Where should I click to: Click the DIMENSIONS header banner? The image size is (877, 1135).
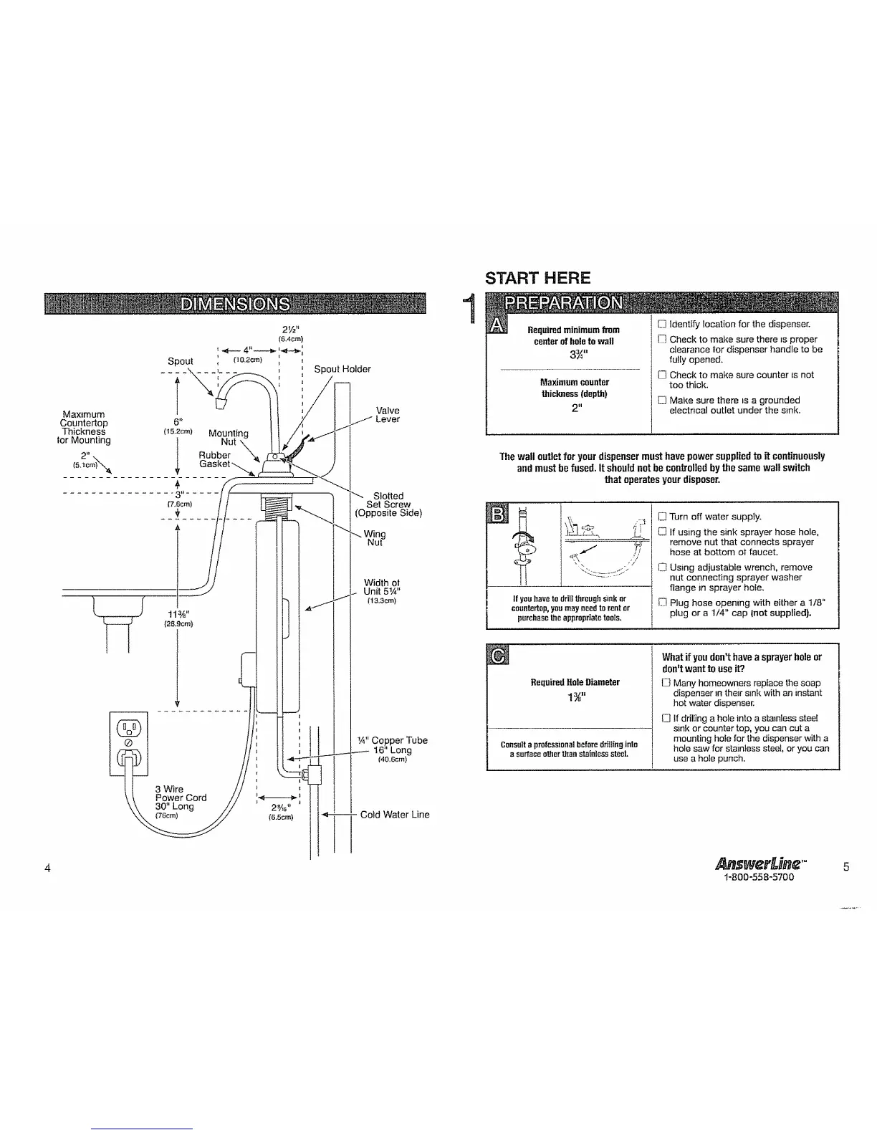tap(235, 304)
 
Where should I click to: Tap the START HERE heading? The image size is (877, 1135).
tap(538, 278)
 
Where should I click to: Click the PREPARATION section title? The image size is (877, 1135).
tap(565, 303)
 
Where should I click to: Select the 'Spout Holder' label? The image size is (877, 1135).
tap(342, 369)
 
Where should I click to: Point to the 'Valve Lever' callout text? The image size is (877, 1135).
tap(388, 415)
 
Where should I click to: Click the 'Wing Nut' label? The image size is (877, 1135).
tap(374, 538)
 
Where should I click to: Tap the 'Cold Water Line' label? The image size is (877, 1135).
tap(395, 814)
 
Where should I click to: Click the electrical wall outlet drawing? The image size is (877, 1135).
tap(128, 744)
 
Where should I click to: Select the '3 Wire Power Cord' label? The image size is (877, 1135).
tap(181, 798)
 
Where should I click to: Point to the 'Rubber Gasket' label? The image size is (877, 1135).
tap(215, 459)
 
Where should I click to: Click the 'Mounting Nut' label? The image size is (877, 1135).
tap(228, 437)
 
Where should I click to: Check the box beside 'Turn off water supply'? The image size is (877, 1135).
tap(662, 517)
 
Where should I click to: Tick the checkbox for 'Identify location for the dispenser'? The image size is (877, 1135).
tap(662, 324)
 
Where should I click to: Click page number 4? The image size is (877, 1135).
tap(47, 868)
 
